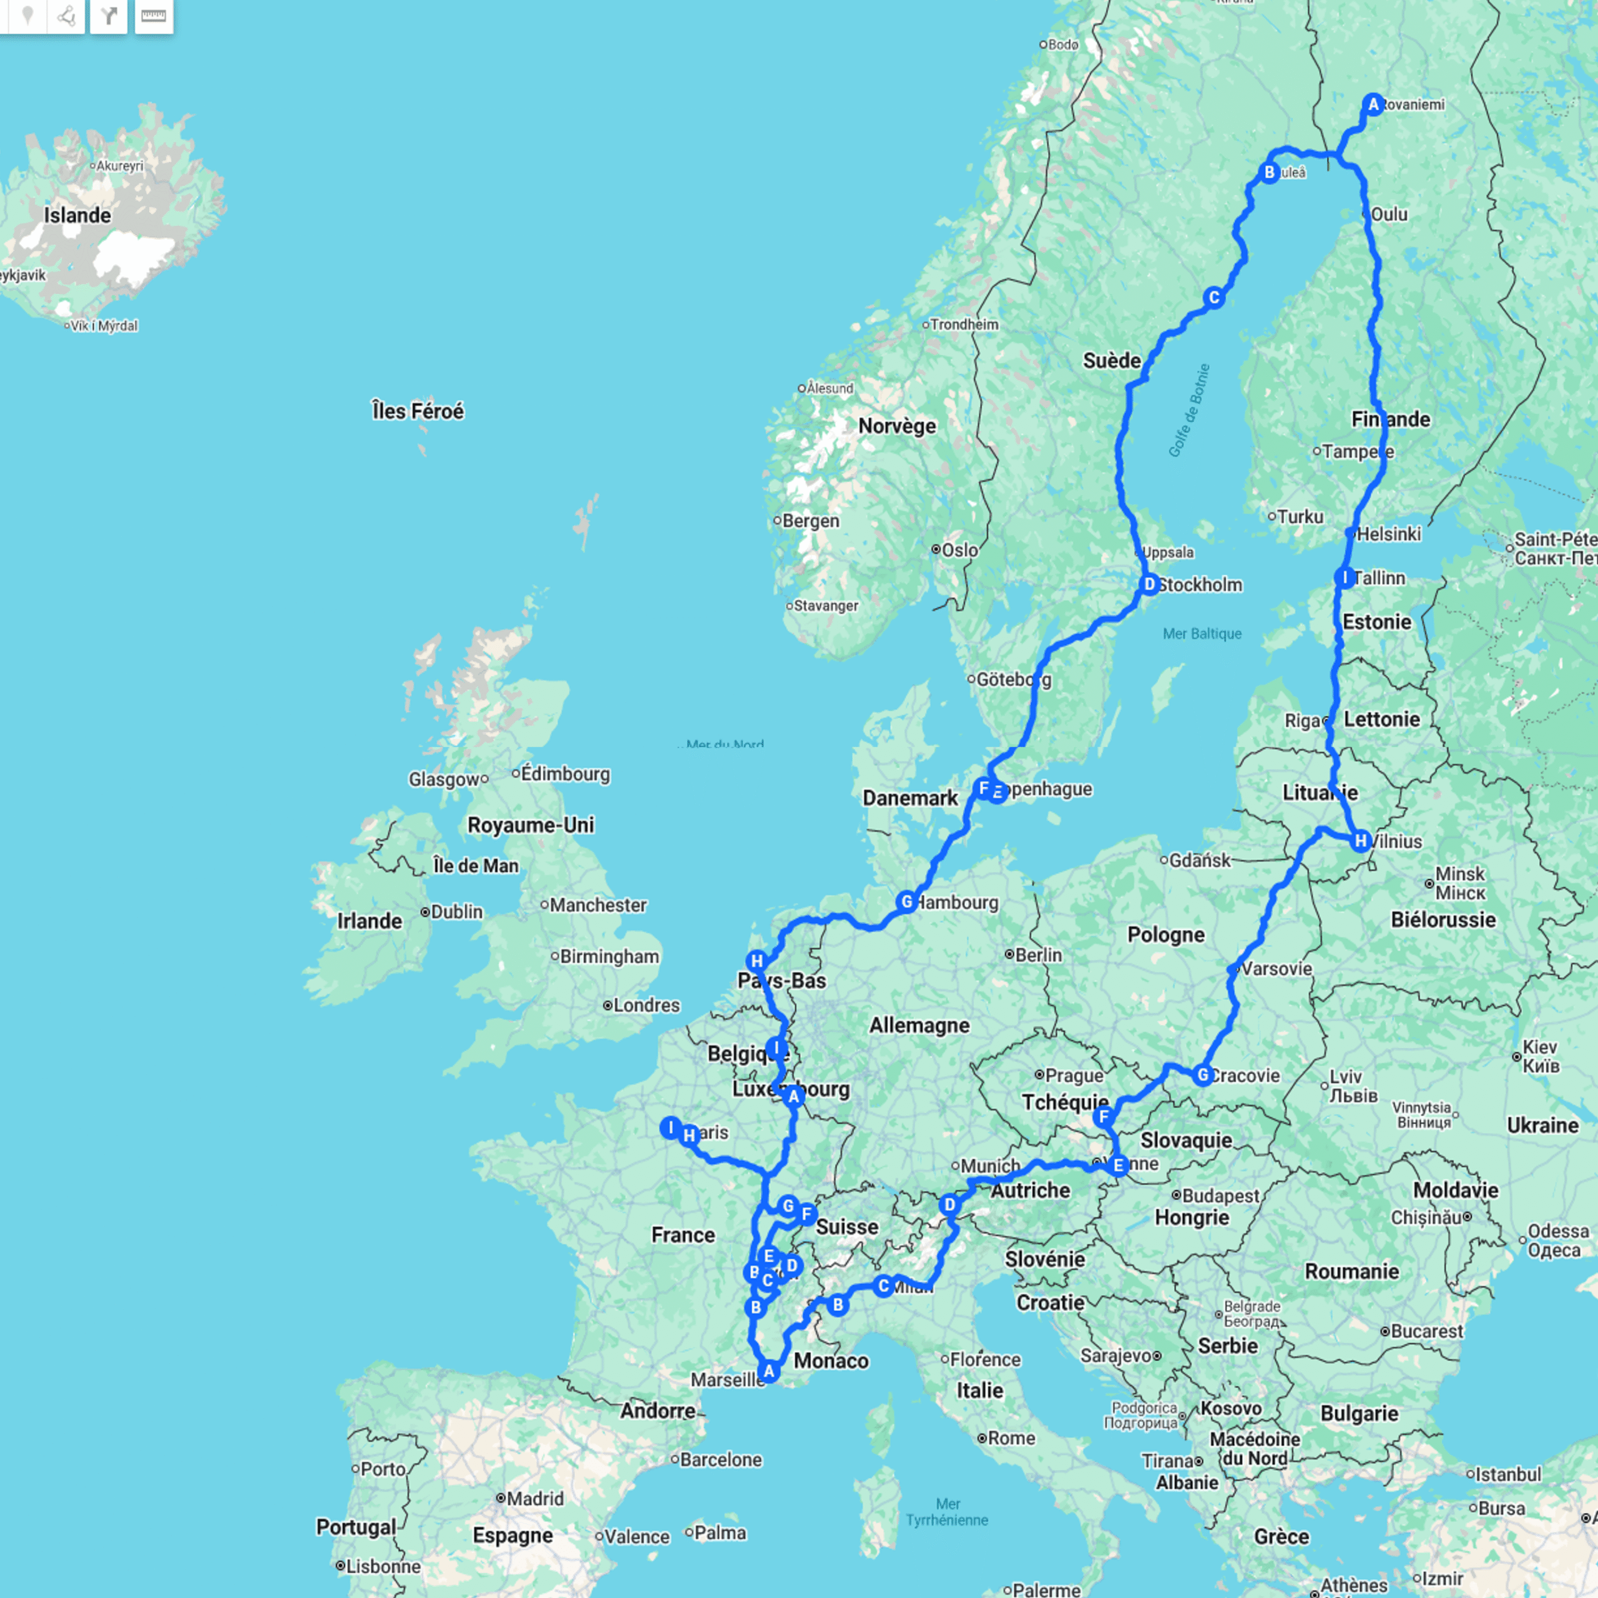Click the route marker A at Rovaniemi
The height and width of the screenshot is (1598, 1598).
click(x=1373, y=104)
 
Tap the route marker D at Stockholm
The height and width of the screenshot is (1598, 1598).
click(x=1149, y=585)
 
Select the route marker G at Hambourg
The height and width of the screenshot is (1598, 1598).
click(x=906, y=901)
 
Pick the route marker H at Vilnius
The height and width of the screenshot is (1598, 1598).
click(x=1361, y=841)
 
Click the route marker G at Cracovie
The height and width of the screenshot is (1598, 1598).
click(x=1203, y=1076)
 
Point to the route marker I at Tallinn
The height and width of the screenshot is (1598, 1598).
click(x=1345, y=578)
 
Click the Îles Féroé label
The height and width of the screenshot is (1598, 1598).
click(x=418, y=411)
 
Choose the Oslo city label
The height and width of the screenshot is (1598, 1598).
click(x=959, y=550)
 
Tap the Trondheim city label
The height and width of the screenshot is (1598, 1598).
click(x=964, y=324)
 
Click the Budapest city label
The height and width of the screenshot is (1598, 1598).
click(x=1220, y=1195)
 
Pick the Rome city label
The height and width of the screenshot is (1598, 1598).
click(x=1011, y=1438)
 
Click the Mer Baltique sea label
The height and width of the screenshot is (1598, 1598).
click(x=1202, y=634)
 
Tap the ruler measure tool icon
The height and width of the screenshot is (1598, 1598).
click(x=154, y=16)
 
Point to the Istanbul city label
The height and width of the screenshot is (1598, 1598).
click(x=1509, y=1475)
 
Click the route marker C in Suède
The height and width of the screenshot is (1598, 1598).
click(x=1213, y=298)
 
